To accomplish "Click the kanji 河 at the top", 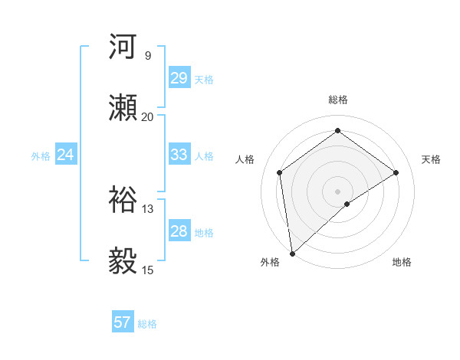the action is point(123,46).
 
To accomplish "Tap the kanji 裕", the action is point(123,199).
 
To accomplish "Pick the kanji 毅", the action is point(123,260).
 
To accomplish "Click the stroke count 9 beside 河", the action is point(147,56).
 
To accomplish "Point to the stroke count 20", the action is point(147,117).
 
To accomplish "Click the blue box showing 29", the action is point(179,78).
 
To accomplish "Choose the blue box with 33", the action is point(179,155).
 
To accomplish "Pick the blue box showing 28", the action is point(179,231).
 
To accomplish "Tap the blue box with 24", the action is point(66,155).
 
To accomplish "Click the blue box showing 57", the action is point(123,322).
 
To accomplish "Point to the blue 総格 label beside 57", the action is point(147,324).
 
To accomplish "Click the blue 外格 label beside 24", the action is point(41,156).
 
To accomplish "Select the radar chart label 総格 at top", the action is point(338,100).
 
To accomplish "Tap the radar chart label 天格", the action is point(431,159).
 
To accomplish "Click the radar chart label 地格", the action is point(402,262).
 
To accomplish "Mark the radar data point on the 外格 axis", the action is point(291,254).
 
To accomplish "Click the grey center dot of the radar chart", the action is point(338,190).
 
